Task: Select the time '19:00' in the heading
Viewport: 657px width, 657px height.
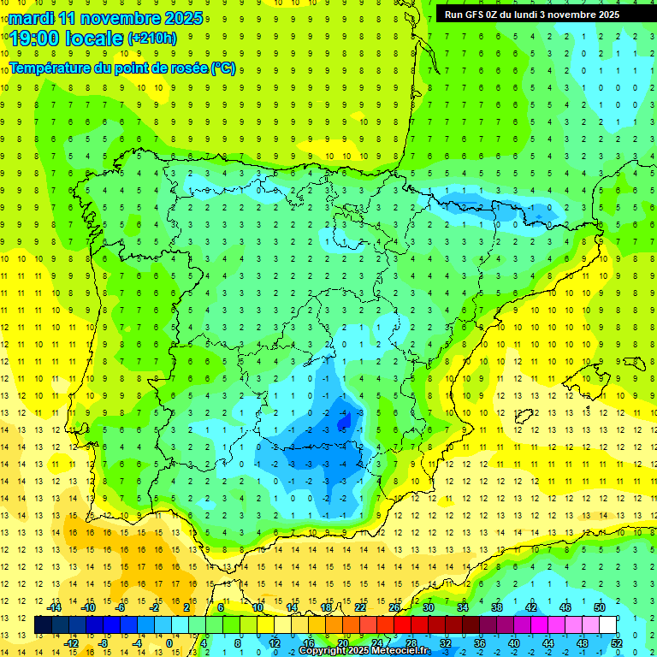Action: (37, 38)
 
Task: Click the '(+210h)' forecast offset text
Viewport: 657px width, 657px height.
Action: (152, 38)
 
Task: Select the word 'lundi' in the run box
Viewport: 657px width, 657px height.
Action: (530, 15)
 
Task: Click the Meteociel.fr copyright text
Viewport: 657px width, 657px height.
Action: (366, 651)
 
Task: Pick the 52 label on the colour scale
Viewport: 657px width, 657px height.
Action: (617, 642)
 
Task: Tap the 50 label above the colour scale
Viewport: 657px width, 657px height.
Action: (599, 607)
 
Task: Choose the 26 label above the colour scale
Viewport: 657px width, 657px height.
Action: (394, 607)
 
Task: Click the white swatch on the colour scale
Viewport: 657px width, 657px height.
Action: (608, 624)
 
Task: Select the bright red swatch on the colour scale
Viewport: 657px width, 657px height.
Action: (403, 624)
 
